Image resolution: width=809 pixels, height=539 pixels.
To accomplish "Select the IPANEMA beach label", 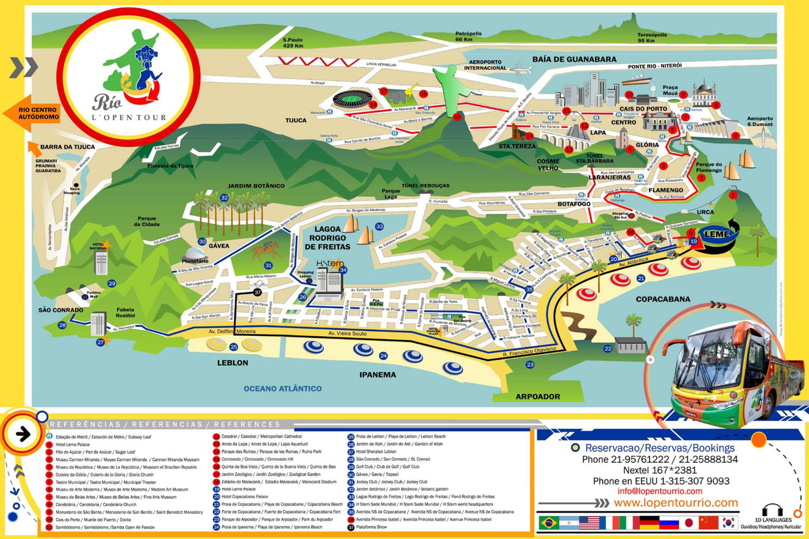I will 377,374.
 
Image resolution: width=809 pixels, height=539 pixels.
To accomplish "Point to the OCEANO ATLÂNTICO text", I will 282,388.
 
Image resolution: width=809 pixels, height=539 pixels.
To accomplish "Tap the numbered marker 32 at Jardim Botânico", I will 224,198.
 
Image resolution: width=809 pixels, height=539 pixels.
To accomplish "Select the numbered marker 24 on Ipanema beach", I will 383,356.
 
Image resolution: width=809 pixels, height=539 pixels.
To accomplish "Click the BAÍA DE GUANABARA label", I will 574,59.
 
